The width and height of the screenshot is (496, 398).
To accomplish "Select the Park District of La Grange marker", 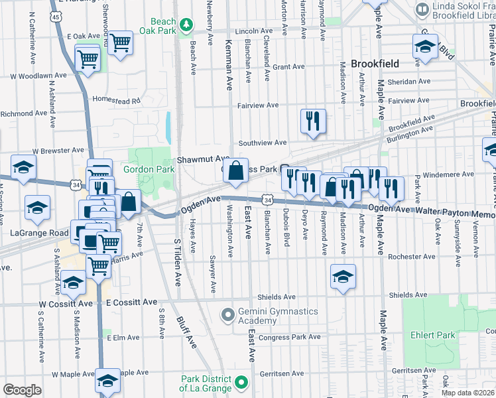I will [x=241, y=383].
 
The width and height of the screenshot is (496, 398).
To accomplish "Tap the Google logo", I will [x=23, y=389].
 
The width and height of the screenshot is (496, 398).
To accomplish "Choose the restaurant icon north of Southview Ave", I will [x=312, y=121].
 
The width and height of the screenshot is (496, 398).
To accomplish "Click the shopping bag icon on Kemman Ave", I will [x=235, y=170].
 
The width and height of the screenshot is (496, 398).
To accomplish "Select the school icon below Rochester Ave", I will [x=343, y=277].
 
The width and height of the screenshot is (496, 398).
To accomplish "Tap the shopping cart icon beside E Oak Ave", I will [x=119, y=42].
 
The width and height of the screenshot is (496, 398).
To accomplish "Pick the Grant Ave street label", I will [x=288, y=67].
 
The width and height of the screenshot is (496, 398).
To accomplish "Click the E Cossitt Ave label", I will [x=132, y=302].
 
